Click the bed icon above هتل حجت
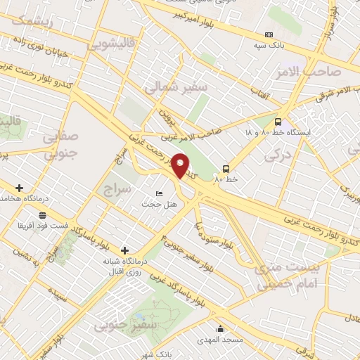159,193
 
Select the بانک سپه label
269,45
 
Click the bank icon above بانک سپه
269,34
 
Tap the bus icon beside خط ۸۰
226,169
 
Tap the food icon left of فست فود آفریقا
44,215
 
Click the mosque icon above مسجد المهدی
220,328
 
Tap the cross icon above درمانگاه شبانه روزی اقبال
124,250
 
